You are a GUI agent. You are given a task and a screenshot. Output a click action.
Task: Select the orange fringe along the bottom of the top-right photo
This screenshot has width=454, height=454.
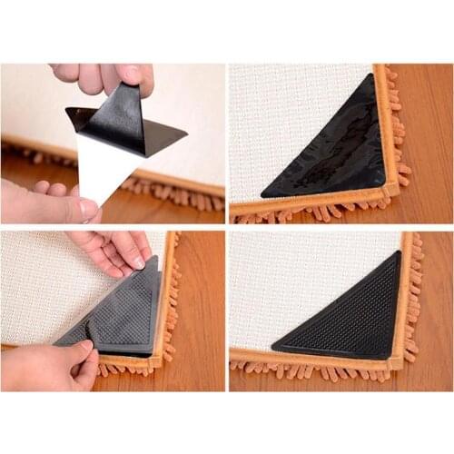(309, 214)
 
